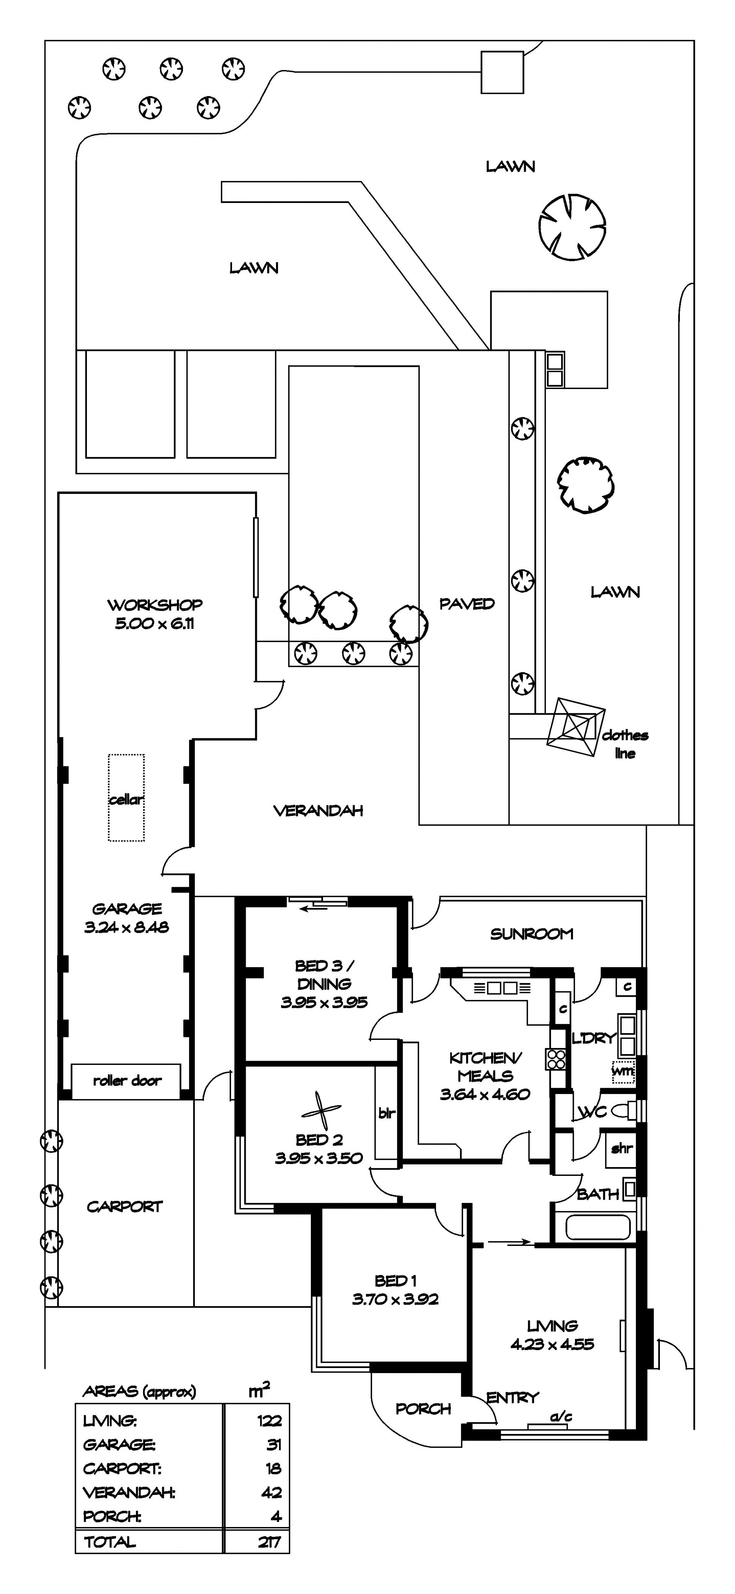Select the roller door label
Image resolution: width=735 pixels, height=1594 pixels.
[x=127, y=1081]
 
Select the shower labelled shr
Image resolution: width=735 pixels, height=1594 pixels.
[x=621, y=1148]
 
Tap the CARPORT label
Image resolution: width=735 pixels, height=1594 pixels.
[x=124, y=1207]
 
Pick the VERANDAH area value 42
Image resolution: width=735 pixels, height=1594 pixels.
[x=271, y=1493]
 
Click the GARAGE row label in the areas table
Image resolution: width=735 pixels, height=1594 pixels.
[x=119, y=1444]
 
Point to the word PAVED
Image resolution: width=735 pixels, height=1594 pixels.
[x=467, y=604]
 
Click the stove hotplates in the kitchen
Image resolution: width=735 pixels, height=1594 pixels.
[x=555, y=1059]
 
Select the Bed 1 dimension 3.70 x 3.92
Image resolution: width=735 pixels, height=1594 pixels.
[x=395, y=1300]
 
